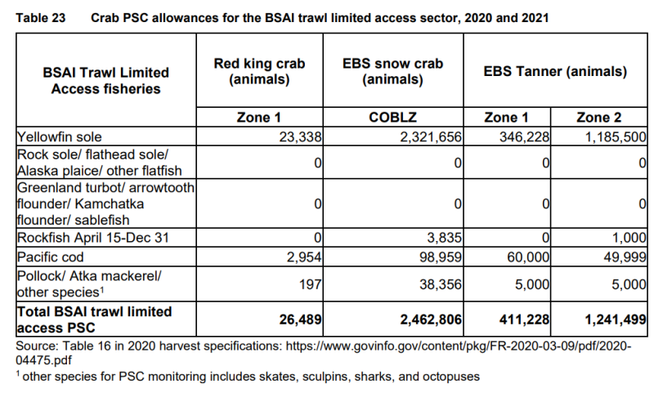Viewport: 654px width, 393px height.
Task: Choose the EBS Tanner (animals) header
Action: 554,72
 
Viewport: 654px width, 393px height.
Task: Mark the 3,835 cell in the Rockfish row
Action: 446,238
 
